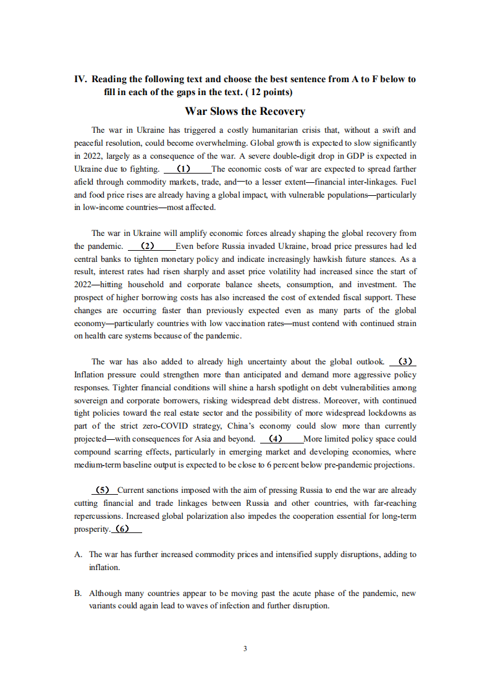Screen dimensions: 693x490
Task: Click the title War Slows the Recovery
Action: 245,111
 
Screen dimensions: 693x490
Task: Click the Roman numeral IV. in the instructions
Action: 80,79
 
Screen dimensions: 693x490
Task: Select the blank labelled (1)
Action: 184,169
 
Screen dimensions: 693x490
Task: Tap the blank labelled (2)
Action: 148,246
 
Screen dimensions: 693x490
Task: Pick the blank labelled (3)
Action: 404,361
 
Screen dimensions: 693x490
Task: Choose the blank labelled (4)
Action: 276,439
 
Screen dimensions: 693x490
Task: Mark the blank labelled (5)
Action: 103,490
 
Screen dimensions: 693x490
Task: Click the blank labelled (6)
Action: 123,529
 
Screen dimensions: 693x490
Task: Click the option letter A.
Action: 78,554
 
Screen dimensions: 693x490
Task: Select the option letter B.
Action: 78,593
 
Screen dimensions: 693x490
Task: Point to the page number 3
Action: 245,648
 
